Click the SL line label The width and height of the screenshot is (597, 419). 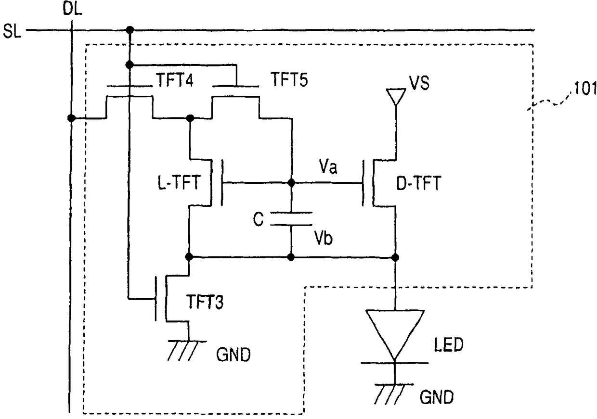pos(12,31)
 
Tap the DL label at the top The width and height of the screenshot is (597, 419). pos(72,9)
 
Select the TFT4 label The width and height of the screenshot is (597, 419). pos(175,80)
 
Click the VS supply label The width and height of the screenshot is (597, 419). pos(419,83)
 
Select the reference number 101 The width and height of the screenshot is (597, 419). pos(585,88)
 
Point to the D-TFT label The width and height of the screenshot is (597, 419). pos(418,183)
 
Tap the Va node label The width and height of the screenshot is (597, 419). pos(328,167)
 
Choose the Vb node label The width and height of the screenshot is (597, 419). pos(323,237)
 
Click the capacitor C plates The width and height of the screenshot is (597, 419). pos(291,219)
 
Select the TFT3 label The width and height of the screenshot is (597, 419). pos(205,302)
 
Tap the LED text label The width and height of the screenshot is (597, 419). pos(449,344)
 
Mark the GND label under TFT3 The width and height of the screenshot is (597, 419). pos(234,355)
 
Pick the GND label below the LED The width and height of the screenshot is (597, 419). pos(437,397)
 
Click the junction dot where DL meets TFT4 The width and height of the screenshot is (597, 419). pos(71,117)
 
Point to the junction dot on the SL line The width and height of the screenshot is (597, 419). pos(130,30)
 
